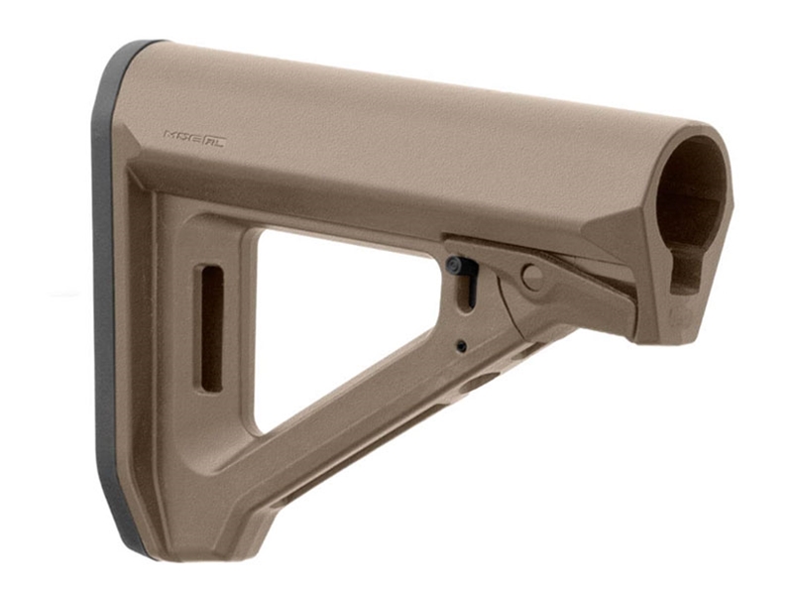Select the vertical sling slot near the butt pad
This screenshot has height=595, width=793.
211,327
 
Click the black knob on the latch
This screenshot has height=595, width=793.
454,266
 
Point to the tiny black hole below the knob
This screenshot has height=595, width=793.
462,346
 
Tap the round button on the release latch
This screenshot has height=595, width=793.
532,278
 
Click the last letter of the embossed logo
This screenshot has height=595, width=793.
219,140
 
